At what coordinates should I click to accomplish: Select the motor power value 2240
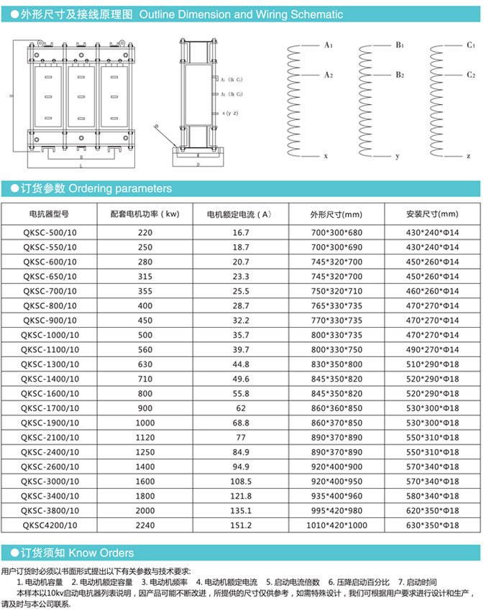(145, 525)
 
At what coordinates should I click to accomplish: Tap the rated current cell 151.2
(240, 525)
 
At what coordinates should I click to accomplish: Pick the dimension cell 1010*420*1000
(336, 525)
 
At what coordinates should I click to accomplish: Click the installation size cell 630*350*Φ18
(432, 525)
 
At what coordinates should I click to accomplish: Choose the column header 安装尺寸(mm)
(432, 214)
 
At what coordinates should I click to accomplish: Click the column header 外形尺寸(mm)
(336, 214)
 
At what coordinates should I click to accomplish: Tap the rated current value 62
(240, 408)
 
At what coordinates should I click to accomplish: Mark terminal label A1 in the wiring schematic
(328, 45)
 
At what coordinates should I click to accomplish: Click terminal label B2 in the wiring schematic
(399, 75)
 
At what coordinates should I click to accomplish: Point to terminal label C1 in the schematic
(471, 45)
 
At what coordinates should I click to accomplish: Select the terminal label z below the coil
(468, 156)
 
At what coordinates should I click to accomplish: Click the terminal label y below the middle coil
(397, 156)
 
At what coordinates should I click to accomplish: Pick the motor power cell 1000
(145, 423)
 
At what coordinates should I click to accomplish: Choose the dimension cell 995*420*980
(336, 511)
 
